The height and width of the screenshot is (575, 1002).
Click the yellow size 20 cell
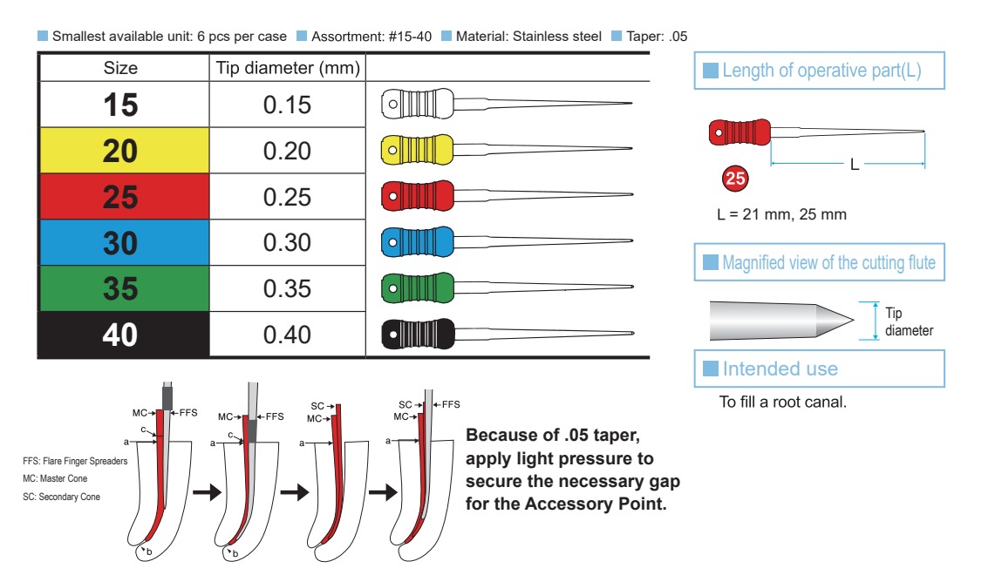point(121,151)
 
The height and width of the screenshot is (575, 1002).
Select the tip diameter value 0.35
point(287,288)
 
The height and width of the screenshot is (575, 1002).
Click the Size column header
point(121,68)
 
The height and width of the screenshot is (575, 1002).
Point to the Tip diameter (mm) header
point(287,68)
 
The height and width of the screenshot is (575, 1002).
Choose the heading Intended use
point(780,369)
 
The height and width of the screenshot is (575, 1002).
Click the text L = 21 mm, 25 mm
point(781,214)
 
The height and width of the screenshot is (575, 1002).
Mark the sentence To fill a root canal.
point(782,403)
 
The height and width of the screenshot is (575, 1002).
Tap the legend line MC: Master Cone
point(55,479)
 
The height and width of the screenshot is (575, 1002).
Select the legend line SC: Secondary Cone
point(61,497)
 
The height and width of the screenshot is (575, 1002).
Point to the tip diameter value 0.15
point(287,105)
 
